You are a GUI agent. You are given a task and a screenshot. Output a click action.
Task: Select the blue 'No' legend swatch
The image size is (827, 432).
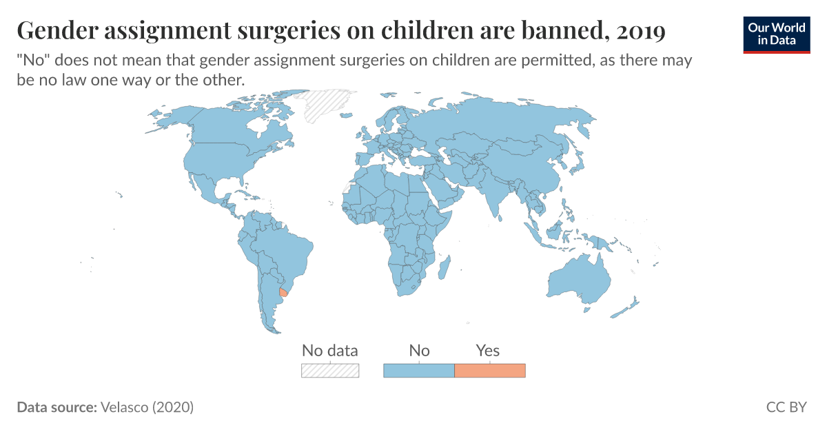(x=418, y=371)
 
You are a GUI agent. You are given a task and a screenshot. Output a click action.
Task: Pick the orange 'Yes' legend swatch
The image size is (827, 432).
(x=490, y=371)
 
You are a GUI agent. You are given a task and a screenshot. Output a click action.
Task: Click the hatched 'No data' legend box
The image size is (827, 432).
(x=330, y=371)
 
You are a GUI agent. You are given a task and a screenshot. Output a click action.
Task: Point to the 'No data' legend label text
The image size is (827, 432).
(x=330, y=351)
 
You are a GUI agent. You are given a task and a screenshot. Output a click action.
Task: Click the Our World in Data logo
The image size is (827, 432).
(x=777, y=34)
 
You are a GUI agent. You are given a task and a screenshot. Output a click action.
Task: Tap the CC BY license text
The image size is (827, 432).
(x=786, y=407)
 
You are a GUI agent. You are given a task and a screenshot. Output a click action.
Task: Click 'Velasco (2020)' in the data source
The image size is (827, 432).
(x=147, y=407)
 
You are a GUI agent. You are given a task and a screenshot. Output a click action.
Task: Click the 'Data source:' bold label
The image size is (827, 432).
(x=56, y=407)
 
